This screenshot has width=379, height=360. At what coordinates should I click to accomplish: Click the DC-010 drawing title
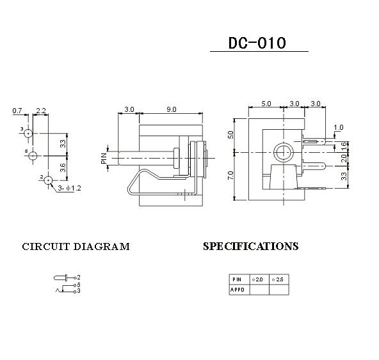pyautogui.click(x=257, y=43)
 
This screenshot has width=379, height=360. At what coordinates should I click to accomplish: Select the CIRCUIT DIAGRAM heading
pyautogui.click(x=76, y=247)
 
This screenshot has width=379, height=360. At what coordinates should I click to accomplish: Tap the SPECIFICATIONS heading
pyautogui.click(x=251, y=246)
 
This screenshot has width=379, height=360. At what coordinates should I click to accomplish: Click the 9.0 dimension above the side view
pyautogui.click(x=172, y=109)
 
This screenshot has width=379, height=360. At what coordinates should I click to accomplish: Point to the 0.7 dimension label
pyautogui.click(x=17, y=111)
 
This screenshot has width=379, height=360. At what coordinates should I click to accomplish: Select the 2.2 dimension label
pyautogui.click(x=41, y=111)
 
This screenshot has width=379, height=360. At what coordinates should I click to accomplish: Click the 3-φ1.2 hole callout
pyautogui.click(x=69, y=188)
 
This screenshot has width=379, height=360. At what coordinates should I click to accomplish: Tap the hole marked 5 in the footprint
pyautogui.click(x=33, y=156)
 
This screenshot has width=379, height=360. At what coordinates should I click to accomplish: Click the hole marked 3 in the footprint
pyautogui.click(x=28, y=133)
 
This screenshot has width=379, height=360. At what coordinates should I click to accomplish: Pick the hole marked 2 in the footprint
pyautogui.click(x=49, y=180)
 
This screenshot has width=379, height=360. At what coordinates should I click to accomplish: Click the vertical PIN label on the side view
pyautogui.click(x=104, y=159)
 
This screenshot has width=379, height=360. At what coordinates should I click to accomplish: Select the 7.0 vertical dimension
pyautogui.click(x=230, y=175)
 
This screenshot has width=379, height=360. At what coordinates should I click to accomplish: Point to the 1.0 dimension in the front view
pyautogui.click(x=339, y=127)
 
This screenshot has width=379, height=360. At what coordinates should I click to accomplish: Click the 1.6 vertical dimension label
pyautogui.click(x=344, y=146)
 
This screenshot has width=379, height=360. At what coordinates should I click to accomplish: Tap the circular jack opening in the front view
pyautogui.click(x=283, y=152)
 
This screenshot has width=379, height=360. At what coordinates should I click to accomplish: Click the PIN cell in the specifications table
pyautogui.click(x=239, y=279)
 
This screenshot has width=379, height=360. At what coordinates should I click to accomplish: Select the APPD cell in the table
pyautogui.click(x=239, y=290)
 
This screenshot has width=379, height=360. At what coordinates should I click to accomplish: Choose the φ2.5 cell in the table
pyautogui.click(x=279, y=279)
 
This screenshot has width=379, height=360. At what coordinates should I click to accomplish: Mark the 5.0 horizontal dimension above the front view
pyautogui.click(x=266, y=104)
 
